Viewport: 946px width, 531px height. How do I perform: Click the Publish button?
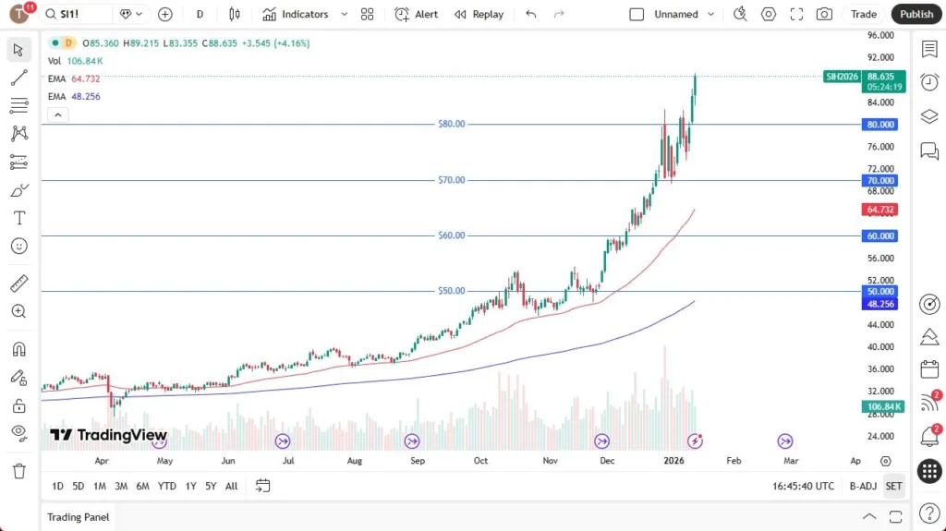(x=916, y=14)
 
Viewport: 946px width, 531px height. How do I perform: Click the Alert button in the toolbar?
(x=417, y=14)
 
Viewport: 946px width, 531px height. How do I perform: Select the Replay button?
(x=479, y=14)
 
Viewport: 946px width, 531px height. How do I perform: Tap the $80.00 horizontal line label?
(x=452, y=124)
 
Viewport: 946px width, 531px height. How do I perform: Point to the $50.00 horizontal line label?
(x=452, y=291)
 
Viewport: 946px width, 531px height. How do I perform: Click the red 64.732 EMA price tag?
(x=880, y=210)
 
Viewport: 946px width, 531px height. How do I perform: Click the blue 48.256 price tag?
(x=880, y=304)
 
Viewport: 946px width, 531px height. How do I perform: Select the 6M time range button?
(x=142, y=486)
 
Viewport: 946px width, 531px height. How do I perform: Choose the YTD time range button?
(x=166, y=486)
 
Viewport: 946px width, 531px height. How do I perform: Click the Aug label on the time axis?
(x=354, y=460)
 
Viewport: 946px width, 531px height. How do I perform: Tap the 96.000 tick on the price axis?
(x=879, y=35)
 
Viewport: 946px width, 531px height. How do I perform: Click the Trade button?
(x=864, y=14)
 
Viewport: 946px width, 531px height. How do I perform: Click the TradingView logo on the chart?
(x=109, y=435)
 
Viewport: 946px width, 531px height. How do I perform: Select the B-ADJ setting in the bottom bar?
(x=863, y=486)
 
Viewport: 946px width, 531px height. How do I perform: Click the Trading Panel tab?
(x=79, y=517)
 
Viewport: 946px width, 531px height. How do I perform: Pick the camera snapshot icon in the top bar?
(x=824, y=14)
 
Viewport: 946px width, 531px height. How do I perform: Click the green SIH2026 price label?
(x=842, y=77)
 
